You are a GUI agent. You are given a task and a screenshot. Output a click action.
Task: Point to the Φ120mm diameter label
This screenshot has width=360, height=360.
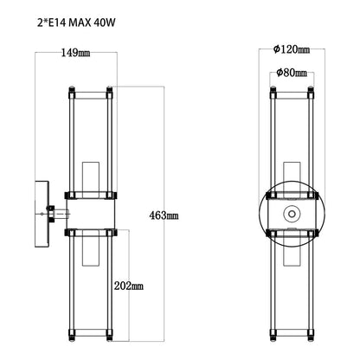point(291,50)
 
